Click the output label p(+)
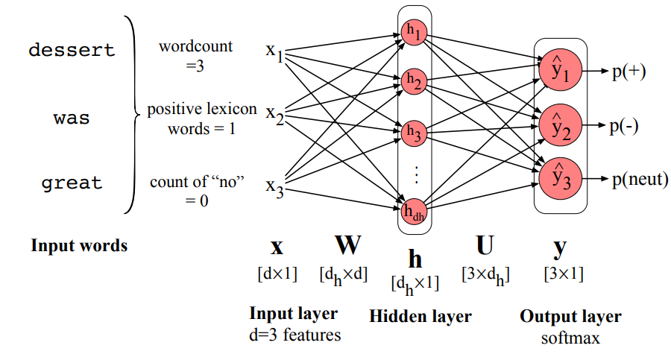pyautogui.click(x=628, y=72)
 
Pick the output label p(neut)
pyautogui.click(x=639, y=179)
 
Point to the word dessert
pyautogui.click(x=72, y=51)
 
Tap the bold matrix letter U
pyautogui.click(x=484, y=245)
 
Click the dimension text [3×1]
pyautogui.click(x=564, y=274)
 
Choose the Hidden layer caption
pyautogui.click(x=420, y=316)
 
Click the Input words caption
pyautogui.click(x=79, y=245)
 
